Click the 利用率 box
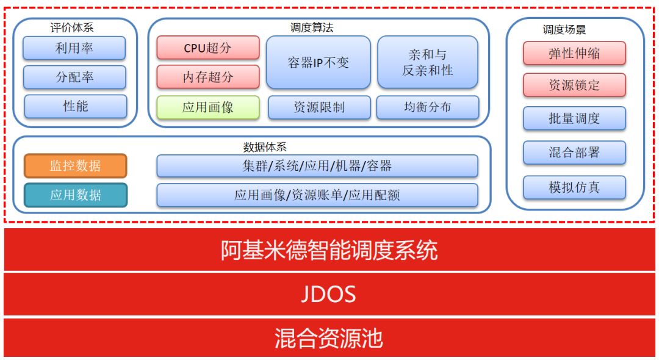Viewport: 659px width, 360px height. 74,48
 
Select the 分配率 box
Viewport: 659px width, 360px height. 74,77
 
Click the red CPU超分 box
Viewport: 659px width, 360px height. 208,48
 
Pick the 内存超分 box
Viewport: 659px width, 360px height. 208,77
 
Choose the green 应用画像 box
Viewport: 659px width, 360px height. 208,107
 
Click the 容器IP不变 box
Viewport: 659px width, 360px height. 318,62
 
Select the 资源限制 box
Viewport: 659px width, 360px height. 319,107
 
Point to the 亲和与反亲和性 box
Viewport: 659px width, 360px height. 427,62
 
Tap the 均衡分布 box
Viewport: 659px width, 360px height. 427,107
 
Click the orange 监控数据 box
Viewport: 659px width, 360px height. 76,166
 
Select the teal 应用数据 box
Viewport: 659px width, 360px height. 76,195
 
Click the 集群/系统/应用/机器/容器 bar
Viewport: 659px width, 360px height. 317,166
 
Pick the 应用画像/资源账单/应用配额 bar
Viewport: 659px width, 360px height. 317,195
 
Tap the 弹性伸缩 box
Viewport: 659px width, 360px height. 574,53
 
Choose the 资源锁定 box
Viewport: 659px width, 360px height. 574,85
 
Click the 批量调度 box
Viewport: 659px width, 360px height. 574,118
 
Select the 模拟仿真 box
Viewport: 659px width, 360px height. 574,187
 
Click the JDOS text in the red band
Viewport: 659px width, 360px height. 328,294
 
